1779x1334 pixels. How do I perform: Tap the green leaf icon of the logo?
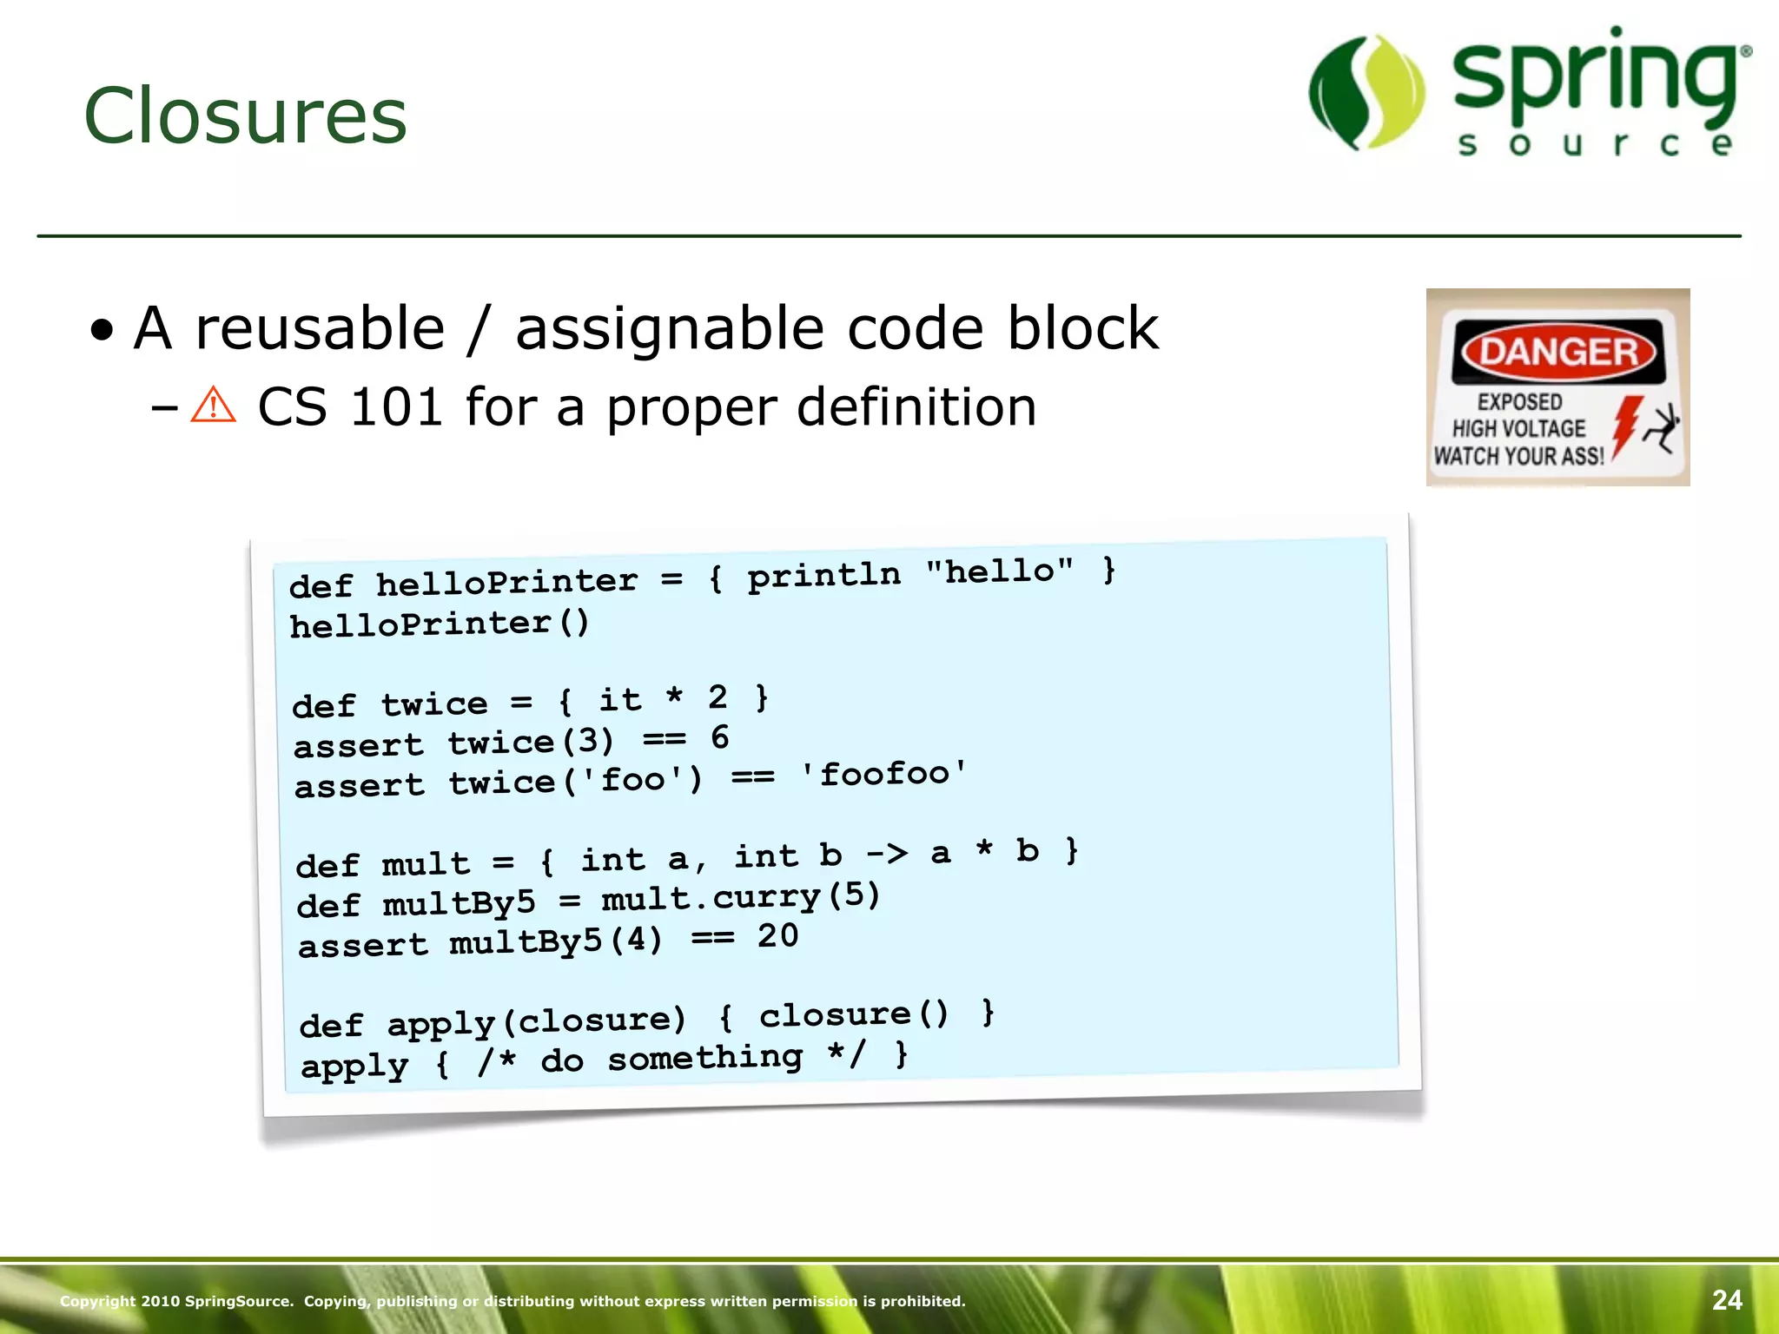(x=1366, y=93)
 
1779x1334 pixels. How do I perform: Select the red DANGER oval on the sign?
(x=1558, y=352)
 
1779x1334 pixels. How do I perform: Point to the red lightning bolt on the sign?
(x=1625, y=426)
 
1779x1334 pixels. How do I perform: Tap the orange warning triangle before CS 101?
(x=213, y=406)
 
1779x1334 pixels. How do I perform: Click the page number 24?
(x=1727, y=1300)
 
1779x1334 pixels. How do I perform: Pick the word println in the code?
(x=823, y=575)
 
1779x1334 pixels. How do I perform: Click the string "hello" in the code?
(x=1000, y=571)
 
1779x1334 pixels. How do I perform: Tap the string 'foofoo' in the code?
(x=883, y=772)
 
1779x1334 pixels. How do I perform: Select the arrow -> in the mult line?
(x=887, y=854)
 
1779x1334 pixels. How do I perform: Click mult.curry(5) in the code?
(x=741, y=897)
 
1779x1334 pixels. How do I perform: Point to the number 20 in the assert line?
(x=777, y=935)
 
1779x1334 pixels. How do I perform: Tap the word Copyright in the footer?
(x=97, y=1301)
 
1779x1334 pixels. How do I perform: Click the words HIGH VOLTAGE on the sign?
(x=1518, y=428)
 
